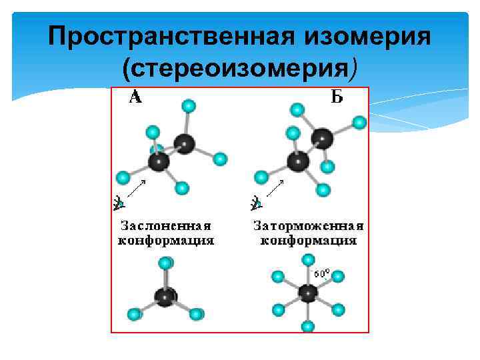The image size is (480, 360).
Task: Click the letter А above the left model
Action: point(135,98)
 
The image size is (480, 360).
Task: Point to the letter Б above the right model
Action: point(337,98)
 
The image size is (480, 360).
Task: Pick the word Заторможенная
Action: point(308,225)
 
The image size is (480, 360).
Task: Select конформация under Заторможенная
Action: point(308,240)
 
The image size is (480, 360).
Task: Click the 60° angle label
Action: point(322,273)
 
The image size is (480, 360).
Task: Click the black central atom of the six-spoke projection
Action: point(307,293)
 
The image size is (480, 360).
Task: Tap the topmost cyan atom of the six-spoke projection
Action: point(307,260)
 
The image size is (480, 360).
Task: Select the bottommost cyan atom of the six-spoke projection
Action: point(307,326)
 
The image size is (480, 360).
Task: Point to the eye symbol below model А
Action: point(119,202)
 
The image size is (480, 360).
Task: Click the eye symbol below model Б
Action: point(256,202)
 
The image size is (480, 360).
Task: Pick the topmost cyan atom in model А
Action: point(189,105)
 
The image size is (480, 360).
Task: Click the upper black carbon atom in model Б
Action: point(323,138)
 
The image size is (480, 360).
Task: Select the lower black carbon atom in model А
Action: point(159,161)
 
